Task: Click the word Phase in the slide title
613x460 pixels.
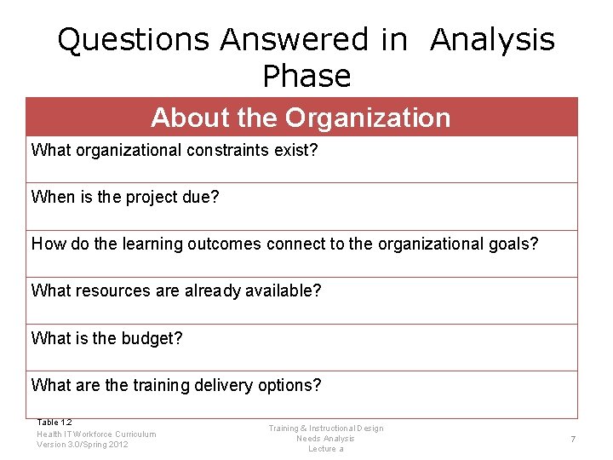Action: click(x=306, y=77)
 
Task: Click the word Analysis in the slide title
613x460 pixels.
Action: click(x=492, y=39)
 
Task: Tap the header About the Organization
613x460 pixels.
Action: click(x=301, y=118)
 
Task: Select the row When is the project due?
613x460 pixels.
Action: click(x=125, y=198)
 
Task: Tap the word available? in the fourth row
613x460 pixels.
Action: click(x=280, y=291)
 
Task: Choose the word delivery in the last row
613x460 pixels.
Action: click(x=221, y=385)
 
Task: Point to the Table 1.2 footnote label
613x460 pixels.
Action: click(x=54, y=423)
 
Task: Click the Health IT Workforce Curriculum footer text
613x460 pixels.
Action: click(x=96, y=434)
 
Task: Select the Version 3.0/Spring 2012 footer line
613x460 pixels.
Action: click(x=83, y=444)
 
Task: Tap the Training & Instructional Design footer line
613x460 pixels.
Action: click(x=326, y=428)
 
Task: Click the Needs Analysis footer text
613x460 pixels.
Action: click(x=325, y=439)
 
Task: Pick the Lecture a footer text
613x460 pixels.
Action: click(x=325, y=449)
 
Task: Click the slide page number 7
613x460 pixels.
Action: click(x=573, y=439)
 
